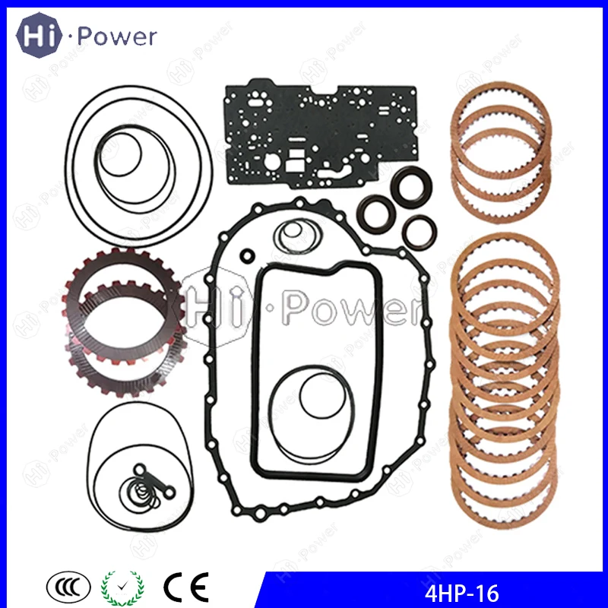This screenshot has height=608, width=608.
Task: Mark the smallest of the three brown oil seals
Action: coord(419,230)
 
